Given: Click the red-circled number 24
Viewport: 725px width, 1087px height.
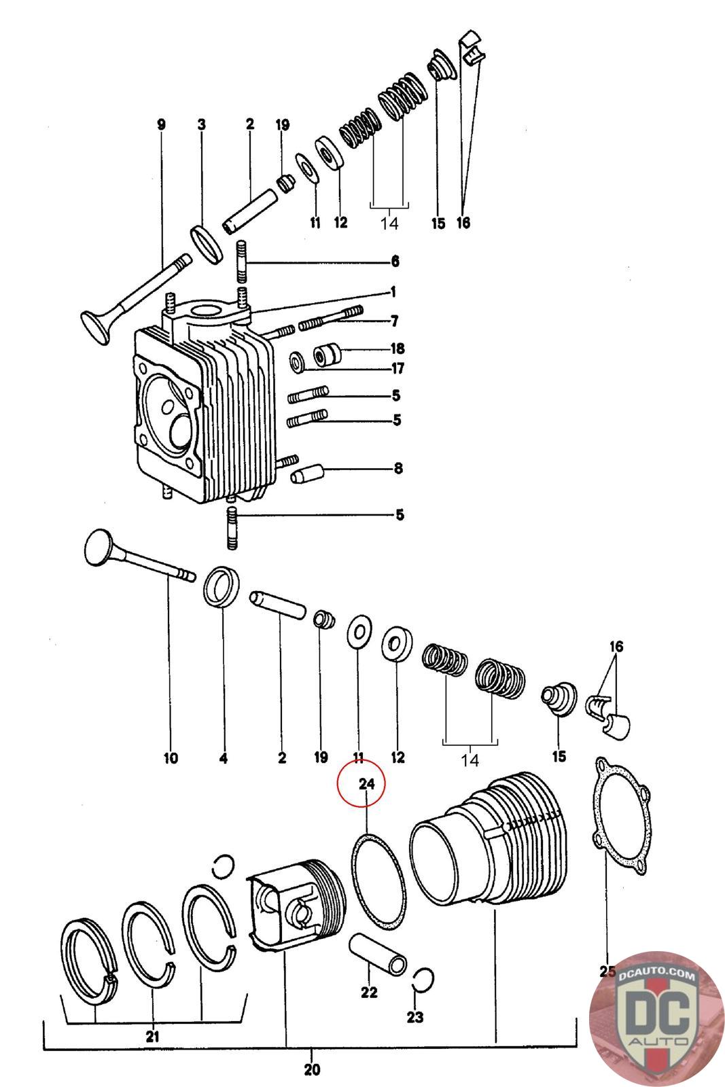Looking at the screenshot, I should (366, 784).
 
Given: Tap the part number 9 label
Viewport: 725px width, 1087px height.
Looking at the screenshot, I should (161, 125).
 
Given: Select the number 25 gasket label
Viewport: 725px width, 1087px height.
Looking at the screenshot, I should (607, 971).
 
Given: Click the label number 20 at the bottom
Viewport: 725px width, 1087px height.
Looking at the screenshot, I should (312, 1069).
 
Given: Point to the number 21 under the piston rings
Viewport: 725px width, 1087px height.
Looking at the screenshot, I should (152, 1036).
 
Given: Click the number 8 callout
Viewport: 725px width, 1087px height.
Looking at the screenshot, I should (398, 468).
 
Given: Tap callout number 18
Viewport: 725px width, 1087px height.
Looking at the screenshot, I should (397, 349).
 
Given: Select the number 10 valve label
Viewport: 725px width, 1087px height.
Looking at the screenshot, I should (171, 758).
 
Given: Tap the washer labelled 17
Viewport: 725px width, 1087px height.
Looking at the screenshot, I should (298, 362).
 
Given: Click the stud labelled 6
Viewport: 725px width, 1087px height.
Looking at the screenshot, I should (243, 262).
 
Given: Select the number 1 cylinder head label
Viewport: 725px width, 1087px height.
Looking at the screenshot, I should (393, 292).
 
